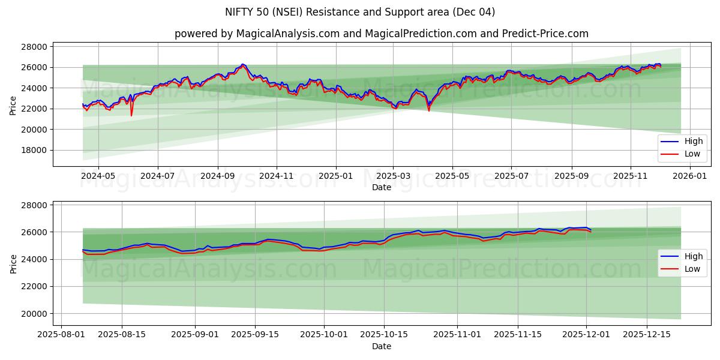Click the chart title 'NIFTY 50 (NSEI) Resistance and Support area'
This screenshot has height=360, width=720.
tap(360, 12)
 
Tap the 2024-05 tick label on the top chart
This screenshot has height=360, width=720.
tap(98, 176)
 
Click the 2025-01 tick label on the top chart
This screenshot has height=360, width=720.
tap(335, 176)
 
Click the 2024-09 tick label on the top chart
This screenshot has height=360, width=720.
tap(217, 176)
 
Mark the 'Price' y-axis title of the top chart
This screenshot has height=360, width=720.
tap(13, 105)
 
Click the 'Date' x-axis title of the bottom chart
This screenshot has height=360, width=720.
tap(382, 346)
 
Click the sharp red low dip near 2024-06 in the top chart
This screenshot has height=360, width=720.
tap(131, 115)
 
